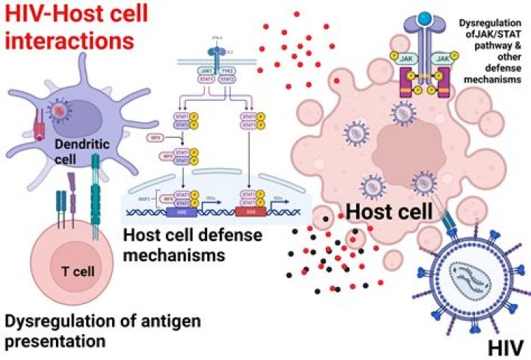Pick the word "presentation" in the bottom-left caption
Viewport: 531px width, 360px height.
[x=55, y=342]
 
